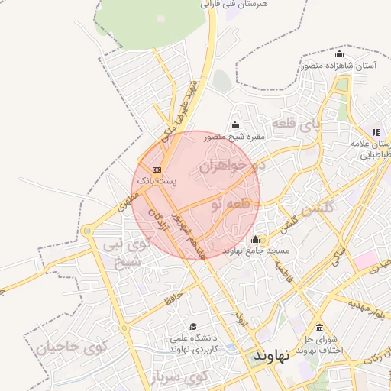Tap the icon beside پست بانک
tap(157, 170)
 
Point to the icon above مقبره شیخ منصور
tap(234, 125)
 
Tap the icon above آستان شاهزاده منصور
tap(339, 54)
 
